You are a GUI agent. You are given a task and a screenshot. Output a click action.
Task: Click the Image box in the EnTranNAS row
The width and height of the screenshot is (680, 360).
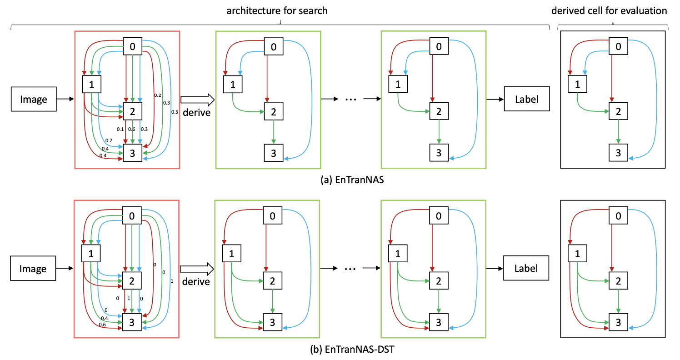pyautogui.click(x=34, y=99)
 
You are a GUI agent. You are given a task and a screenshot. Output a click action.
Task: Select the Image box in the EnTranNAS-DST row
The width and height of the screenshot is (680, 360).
pyautogui.click(x=34, y=269)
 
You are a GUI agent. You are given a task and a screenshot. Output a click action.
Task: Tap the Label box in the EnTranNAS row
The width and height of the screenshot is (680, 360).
pyautogui.click(x=526, y=99)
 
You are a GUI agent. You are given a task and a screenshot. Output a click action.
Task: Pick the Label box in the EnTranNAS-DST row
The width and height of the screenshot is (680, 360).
pyautogui.click(x=526, y=269)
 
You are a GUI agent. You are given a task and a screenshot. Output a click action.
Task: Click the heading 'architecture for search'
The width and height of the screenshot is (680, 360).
pyautogui.click(x=277, y=10)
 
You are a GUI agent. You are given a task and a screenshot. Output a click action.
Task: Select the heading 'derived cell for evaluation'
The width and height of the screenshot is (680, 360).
pyautogui.click(x=613, y=10)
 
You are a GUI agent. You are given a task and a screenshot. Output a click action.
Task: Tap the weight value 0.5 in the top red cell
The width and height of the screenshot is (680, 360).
pyautogui.click(x=175, y=112)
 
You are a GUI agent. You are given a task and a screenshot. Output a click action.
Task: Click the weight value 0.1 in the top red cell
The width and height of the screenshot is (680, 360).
pyautogui.click(x=120, y=130)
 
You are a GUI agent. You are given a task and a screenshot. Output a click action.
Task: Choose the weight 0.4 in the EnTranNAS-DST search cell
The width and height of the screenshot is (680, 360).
pyautogui.click(x=105, y=318)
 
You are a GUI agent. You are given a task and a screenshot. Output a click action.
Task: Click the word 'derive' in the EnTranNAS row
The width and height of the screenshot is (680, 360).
pyautogui.click(x=196, y=112)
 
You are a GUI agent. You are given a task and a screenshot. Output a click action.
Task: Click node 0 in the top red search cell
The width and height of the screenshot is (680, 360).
pyautogui.click(x=132, y=46)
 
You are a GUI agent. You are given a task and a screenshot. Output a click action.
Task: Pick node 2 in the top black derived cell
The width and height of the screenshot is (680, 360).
pyautogui.click(x=618, y=112)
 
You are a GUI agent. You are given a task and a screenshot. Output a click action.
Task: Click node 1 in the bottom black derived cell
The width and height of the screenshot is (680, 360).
pyautogui.click(x=577, y=254)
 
